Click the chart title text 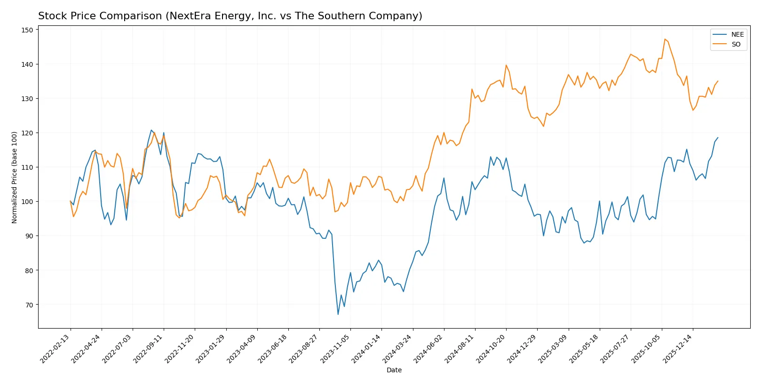[x=230, y=16]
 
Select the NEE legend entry [x=737, y=34]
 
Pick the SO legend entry [x=736, y=44]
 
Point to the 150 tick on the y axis [x=28, y=30]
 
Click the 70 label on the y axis [x=29, y=305]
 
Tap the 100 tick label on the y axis [x=28, y=202]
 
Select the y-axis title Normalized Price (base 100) [x=15, y=177]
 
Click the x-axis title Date [x=394, y=370]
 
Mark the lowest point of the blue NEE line [x=338, y=314]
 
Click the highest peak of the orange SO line [x=665, y=39]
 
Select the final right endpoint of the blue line [x=718, y=138]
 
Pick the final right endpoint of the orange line [x=718, y=81]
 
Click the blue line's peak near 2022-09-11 [x=151, y=130]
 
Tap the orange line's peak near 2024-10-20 [x=506, y=65]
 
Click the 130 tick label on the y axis [x=28, y=99]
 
